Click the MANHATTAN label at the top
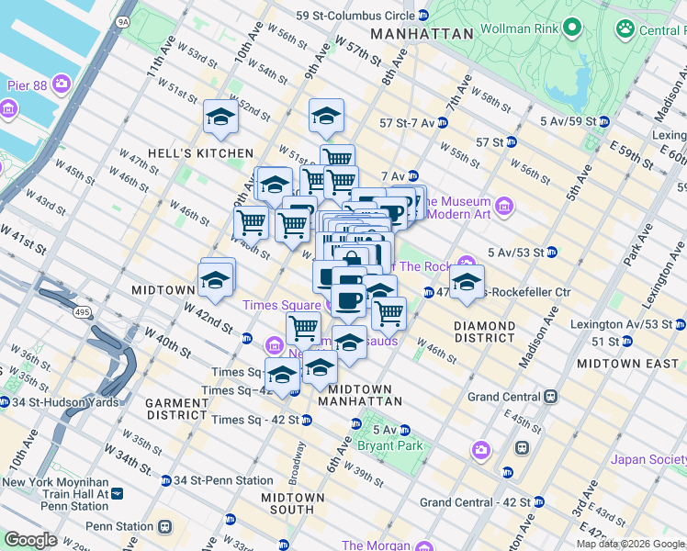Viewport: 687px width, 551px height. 422,34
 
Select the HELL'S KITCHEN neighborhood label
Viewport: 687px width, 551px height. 200,152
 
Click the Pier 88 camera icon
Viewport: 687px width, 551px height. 62,84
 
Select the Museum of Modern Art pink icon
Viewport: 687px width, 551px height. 503,208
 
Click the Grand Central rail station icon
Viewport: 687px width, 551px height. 550,397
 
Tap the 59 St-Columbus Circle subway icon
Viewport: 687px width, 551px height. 422,16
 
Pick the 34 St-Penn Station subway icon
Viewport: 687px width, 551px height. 165,480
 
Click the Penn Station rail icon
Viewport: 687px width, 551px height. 165,527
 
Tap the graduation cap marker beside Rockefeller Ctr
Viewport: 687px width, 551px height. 467,283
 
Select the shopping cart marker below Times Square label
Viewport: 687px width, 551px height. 303,329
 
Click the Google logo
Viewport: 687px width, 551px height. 30,540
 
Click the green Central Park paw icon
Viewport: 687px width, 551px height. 626,30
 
